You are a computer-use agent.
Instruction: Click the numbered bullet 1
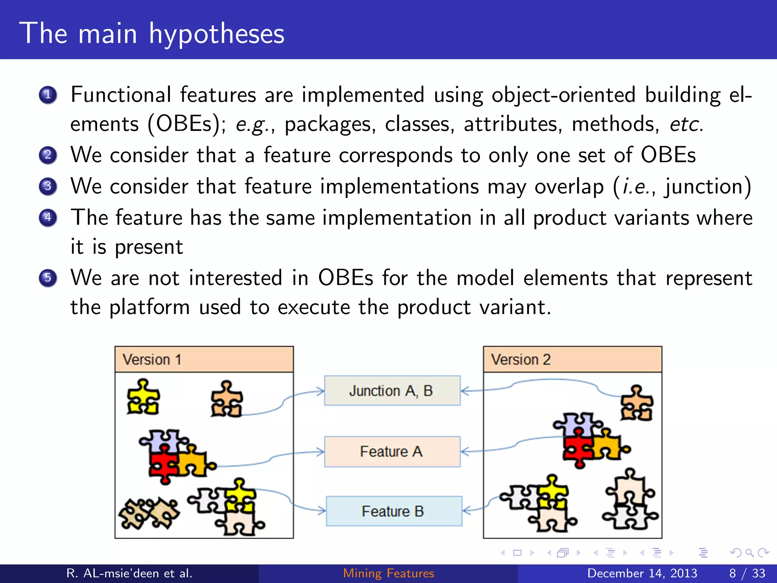click(48, 95)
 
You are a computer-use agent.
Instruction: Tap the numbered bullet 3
click(48, 186)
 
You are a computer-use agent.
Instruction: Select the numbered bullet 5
click(48, 277)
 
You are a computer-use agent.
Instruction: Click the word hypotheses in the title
click(216, 34)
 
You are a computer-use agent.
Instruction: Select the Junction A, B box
click(392, 391)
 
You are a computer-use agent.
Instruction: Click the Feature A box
click(392, 451)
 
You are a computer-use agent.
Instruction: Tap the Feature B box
click(393, 511)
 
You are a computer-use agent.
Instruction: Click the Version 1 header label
click(152, 359)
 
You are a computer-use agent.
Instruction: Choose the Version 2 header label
click(521, 359)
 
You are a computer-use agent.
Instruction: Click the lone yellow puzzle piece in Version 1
click(143, 397)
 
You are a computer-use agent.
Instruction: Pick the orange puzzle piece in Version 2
click(637, 403)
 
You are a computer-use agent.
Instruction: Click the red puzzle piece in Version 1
click(163, 465)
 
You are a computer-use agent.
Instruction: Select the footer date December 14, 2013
click(642, 573)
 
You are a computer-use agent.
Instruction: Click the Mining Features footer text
click(388, 573)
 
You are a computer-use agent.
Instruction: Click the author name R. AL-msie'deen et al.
click(129, 573)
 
